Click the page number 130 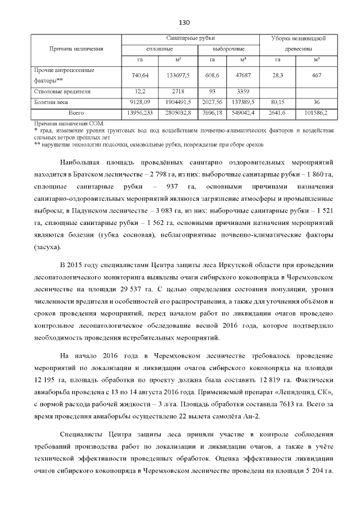[x=183, y=23]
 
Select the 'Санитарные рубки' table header [x=190, y=38]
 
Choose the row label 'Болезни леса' [x=51, y=102]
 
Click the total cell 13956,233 [x=137, y=113]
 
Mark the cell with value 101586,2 [x=317, y=113]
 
